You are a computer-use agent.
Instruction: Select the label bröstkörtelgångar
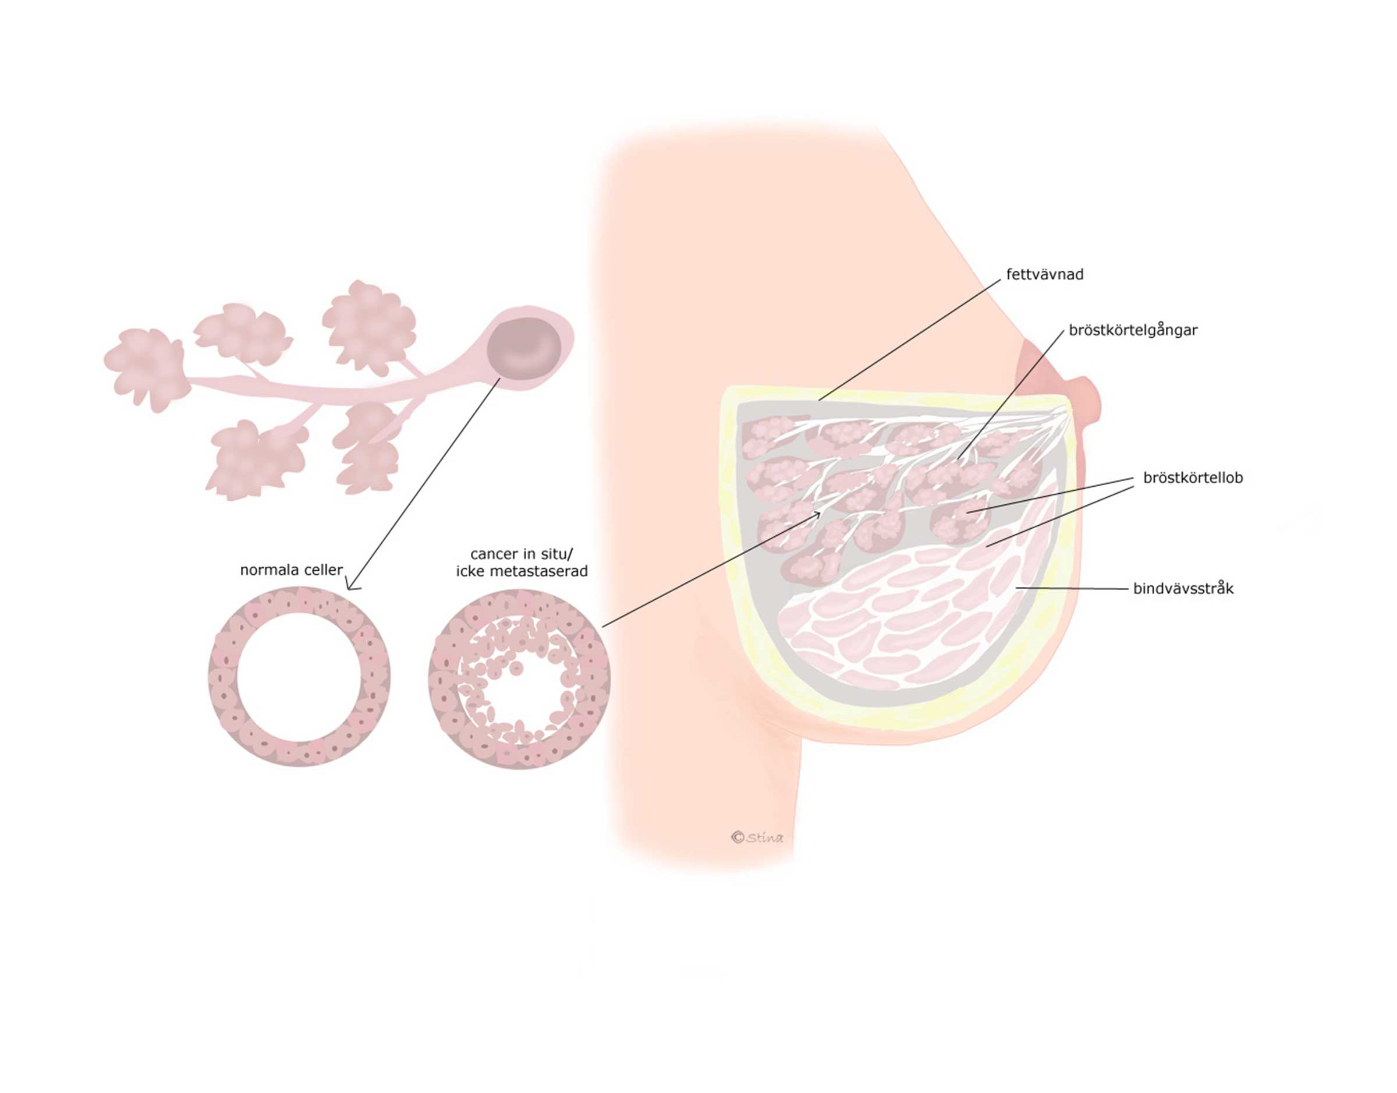[x=1133, y=331]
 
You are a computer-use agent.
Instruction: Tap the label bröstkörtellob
[x=1192, y=478]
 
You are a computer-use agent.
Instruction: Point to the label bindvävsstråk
[x=1183, y=589]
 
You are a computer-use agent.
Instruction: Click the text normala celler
[x=291, y=570]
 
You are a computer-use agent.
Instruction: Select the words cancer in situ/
[x=522, y=554]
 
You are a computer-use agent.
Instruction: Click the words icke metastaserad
[x=522, y=571]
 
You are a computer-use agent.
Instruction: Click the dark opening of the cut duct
[x=524, y=348]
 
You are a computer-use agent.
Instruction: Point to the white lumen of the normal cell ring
[x=298, y=678]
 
